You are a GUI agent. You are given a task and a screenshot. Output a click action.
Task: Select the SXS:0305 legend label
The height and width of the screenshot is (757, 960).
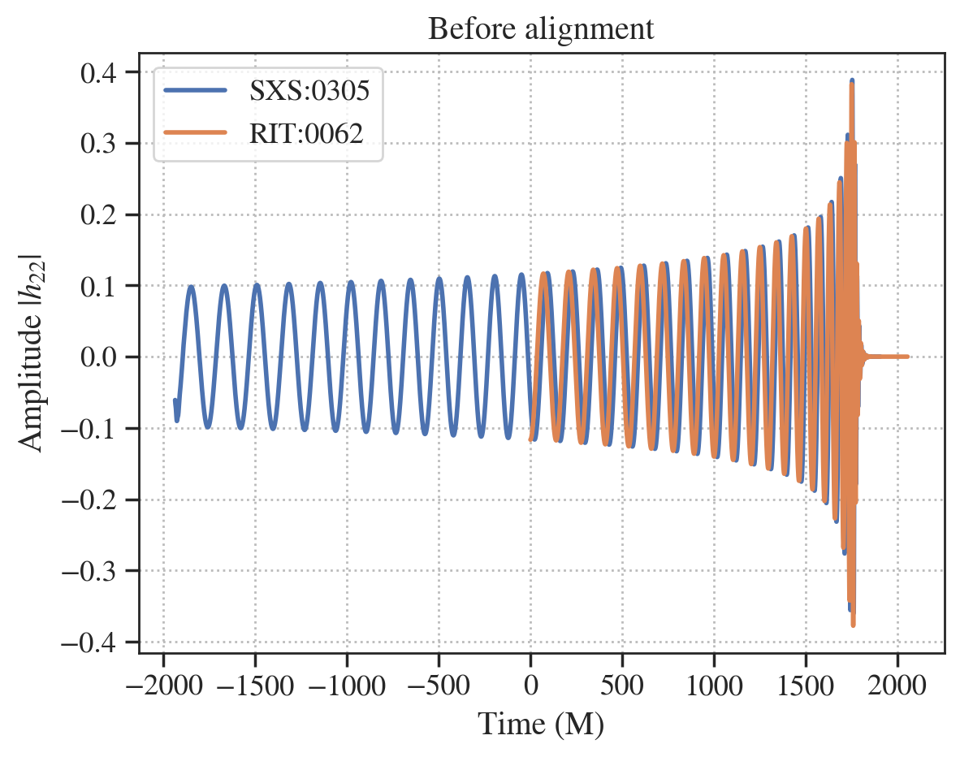tap(309, 91)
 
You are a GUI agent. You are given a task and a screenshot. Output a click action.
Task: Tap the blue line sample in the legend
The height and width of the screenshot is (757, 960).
tap(196, 91)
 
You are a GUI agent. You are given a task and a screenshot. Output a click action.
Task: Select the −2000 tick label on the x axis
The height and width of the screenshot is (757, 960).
tap(163, 686)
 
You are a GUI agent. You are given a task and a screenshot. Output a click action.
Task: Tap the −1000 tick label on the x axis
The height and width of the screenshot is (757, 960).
tap(347, 686)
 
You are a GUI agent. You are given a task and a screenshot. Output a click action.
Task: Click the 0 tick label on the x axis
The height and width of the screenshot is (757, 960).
tap(530, 686)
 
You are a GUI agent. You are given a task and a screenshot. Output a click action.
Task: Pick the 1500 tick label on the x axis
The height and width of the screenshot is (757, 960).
tap(806, 686)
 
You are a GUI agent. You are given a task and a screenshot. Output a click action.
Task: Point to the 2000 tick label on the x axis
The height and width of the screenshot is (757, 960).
tap(897, 686)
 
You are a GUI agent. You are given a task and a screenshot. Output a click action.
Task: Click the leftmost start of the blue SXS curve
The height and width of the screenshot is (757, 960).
tap(175, 400)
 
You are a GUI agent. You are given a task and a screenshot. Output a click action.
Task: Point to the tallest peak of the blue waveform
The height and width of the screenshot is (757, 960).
tap(852, 80)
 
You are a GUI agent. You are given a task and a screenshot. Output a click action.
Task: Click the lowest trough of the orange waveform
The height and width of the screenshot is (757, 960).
tap(853, 625)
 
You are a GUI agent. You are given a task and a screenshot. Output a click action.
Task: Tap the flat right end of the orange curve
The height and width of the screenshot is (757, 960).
tap(906, 357)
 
